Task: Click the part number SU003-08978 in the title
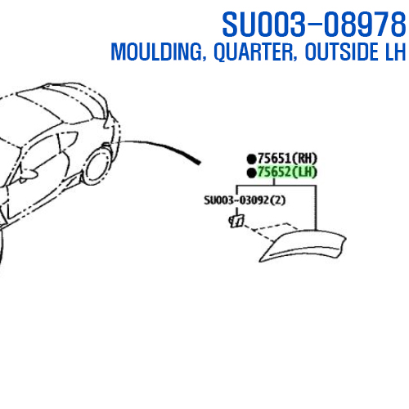click(314, 24)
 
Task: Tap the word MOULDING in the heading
click(158, 52)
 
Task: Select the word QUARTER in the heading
click(255, 52)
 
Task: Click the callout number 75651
click(274, 158)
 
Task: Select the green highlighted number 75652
click(274, 172)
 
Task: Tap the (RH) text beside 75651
click(304, 158)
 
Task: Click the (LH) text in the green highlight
click(304, 172)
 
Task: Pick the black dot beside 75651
click(251, 159)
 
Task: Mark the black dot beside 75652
click(251, 173)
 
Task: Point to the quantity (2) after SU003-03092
click(277, 200)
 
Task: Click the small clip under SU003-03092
click(236, 221)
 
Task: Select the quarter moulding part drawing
click(303, 245)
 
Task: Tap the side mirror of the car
click(27, 174)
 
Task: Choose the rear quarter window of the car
click(68, 141)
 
